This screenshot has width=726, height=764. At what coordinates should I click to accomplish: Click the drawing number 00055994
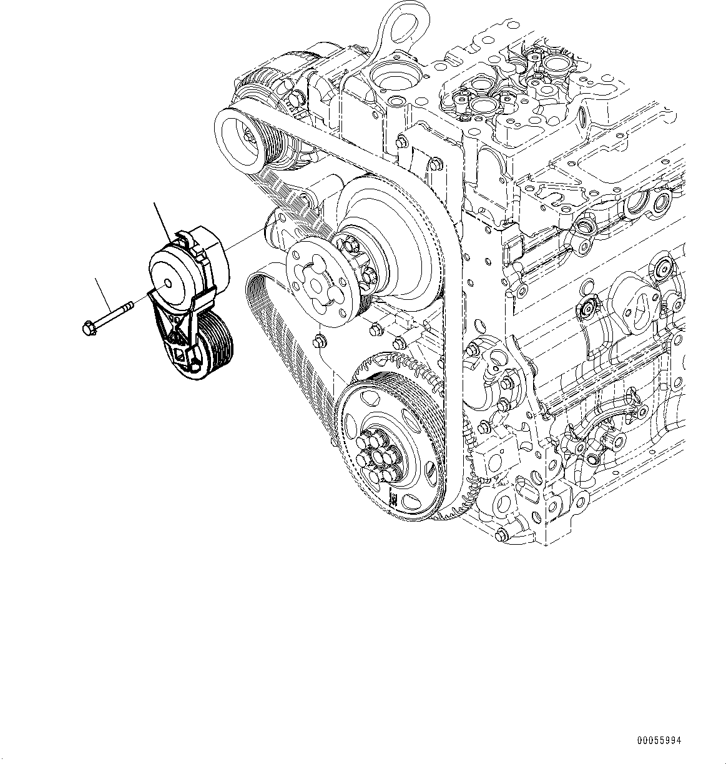coord(659,741)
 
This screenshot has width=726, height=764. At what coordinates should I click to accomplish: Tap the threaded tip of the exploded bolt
coord(130,305)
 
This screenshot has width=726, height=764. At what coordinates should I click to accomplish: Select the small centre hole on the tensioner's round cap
coord(168,283)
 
